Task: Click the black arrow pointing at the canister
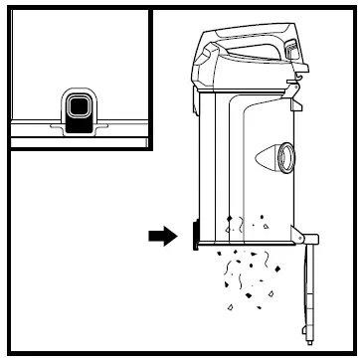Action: pos(160,236)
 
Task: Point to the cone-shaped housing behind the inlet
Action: pos(271,157)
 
